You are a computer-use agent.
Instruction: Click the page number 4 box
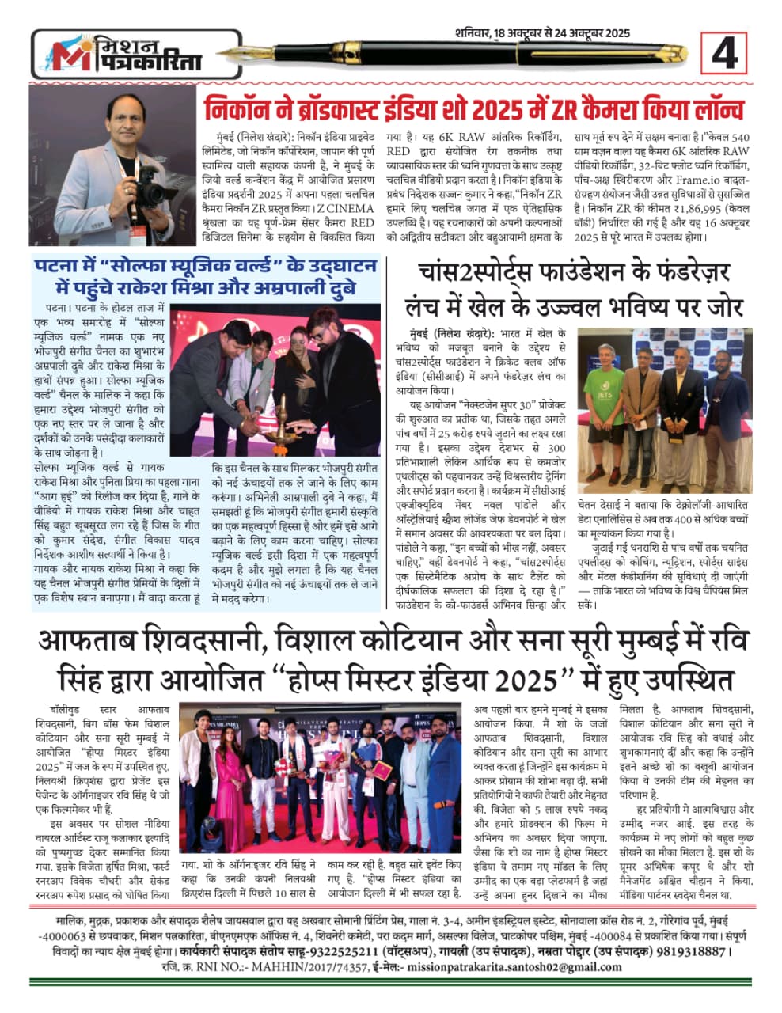coord(724,55)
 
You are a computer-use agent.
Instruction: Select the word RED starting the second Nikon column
coord(398,150)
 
